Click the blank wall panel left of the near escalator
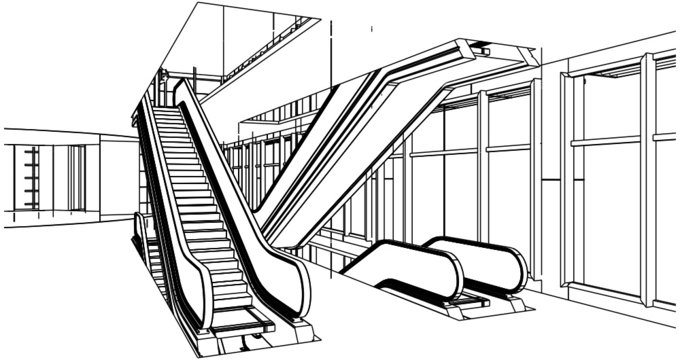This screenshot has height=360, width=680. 116,176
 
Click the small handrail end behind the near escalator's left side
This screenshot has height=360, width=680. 139,235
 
